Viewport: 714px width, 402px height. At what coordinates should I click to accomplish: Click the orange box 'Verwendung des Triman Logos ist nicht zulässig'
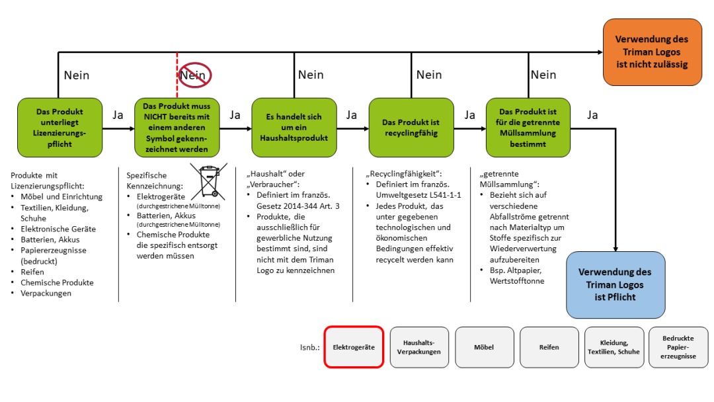652,52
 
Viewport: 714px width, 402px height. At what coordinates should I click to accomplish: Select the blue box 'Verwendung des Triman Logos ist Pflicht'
615,284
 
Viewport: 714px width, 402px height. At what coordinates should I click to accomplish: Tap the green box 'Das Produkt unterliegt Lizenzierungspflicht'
59,128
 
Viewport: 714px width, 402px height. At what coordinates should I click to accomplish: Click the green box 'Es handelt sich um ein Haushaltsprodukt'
294,128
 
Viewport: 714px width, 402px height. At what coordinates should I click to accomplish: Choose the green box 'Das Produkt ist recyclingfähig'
411,128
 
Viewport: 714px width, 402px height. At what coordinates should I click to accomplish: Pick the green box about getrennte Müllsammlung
528,128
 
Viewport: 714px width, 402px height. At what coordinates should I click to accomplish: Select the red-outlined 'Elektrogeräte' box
354,346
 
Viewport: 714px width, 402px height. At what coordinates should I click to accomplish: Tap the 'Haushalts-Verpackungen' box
418,346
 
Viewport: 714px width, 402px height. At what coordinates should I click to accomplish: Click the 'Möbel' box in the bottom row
483,346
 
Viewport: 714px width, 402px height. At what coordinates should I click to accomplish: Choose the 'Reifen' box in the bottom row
549,346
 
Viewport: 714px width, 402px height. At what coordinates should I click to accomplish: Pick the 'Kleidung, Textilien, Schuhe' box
613,346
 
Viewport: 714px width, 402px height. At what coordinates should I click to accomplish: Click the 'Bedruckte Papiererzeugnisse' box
678,346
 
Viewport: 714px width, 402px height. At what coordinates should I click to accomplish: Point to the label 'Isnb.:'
309,347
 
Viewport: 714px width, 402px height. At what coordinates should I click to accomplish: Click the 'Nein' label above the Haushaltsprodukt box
311,75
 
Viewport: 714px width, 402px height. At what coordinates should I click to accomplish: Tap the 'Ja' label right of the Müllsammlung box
592,115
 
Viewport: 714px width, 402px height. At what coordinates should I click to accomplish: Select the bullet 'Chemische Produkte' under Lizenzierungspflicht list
57,282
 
